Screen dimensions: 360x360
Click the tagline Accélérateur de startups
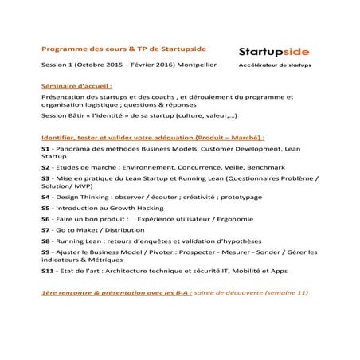point(275,65)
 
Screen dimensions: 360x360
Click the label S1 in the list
point(45,148)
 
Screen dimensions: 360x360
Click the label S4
point(45,197)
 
